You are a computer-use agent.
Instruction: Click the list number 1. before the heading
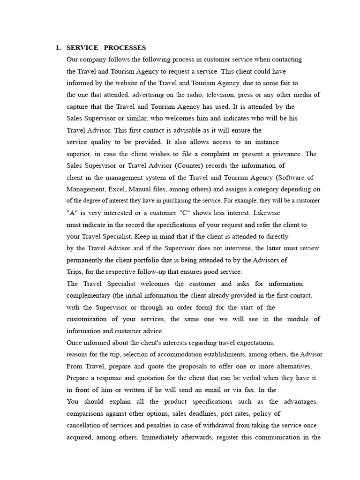[58, 48]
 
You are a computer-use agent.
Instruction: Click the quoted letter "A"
[71, 213]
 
